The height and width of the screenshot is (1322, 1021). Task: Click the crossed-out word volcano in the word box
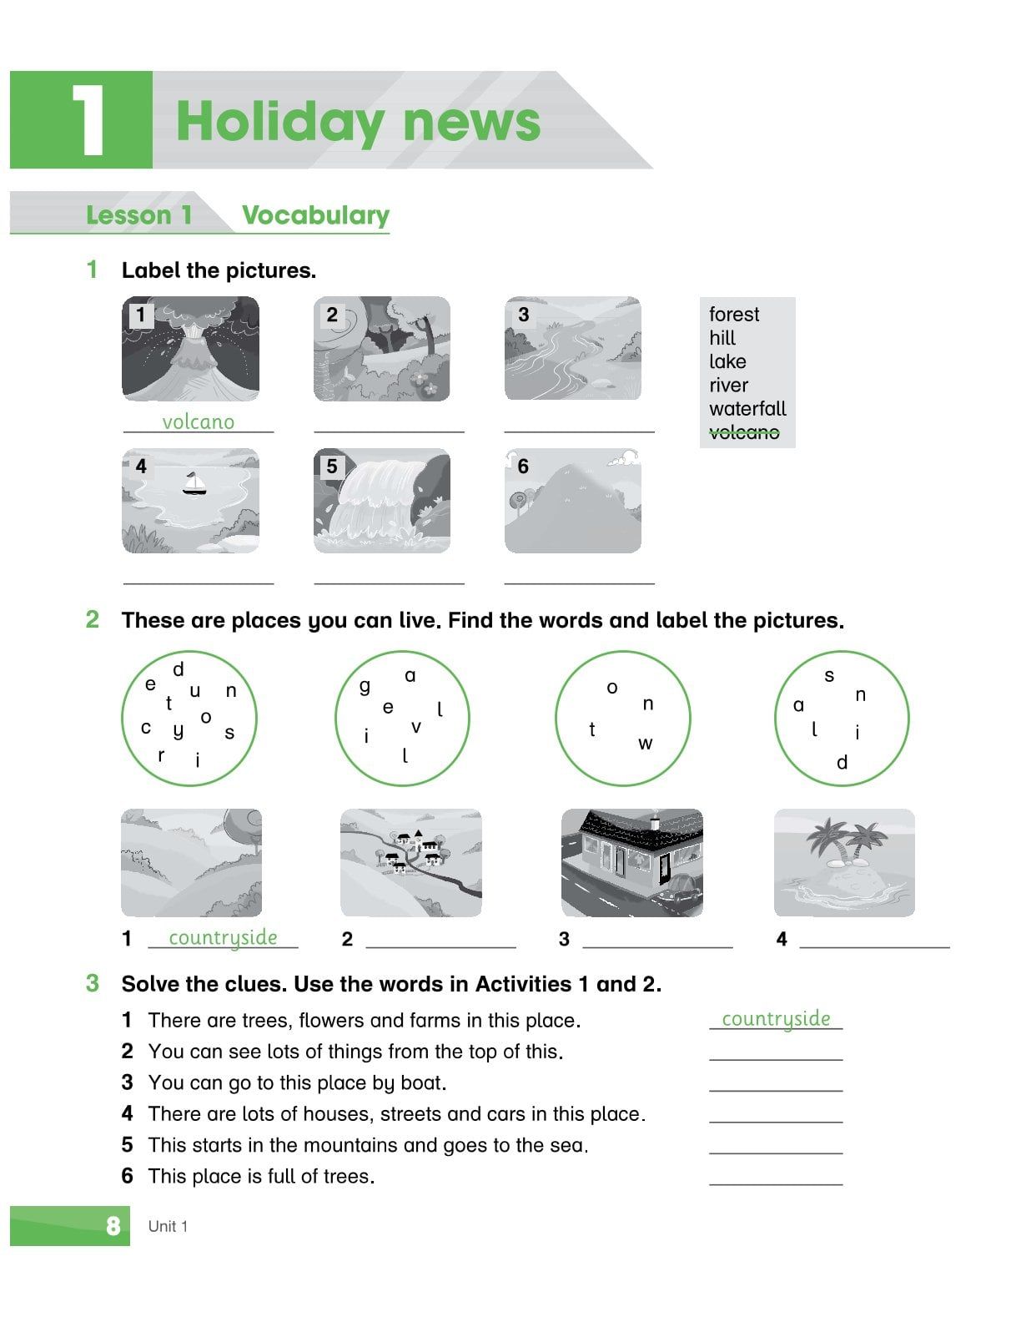coord(744,432)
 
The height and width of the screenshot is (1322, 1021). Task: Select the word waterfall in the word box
coord(747,409)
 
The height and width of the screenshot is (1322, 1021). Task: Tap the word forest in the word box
coord(734,315)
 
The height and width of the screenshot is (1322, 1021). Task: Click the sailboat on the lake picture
coord(194,483)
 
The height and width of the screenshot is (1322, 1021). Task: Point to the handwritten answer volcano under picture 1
coord(199,422)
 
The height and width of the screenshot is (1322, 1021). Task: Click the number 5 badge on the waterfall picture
coord(331,466)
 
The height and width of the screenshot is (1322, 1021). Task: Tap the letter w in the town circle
coord(645,744)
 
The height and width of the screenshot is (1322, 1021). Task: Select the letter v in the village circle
coord(415,727)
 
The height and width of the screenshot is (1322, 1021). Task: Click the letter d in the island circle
coord(842,763)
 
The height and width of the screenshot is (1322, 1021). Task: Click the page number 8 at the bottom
coord(113,1226)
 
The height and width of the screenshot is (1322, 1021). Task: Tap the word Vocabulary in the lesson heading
coord(315,215)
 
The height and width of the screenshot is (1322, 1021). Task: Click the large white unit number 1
coord(88,121)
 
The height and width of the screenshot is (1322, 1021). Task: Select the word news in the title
coord(472,122)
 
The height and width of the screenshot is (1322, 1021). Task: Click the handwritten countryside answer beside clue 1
coord(776,1019)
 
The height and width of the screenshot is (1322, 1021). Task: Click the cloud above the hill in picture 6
coord(623,458)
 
